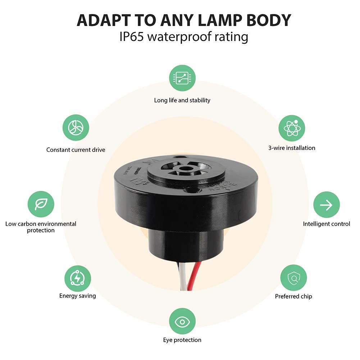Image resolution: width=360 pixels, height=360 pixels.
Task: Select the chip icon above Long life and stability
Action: [182, 78]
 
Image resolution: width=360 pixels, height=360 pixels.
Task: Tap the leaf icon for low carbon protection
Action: [41, 204]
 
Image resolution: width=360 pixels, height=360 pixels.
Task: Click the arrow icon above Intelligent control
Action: [326, 205]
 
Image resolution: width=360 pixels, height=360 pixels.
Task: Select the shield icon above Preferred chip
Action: [293, 278]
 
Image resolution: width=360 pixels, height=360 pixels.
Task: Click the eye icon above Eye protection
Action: [182, 321]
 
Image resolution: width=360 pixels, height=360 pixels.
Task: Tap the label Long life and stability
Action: [182, 100]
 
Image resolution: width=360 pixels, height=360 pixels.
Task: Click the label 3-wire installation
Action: [292, 148]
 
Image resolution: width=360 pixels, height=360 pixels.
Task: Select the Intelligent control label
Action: [326, 224]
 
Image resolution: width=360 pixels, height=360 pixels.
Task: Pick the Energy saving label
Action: [78, 296]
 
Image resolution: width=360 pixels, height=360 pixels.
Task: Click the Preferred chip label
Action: [293, 296]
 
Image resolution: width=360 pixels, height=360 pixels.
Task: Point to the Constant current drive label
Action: [76, 150]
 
